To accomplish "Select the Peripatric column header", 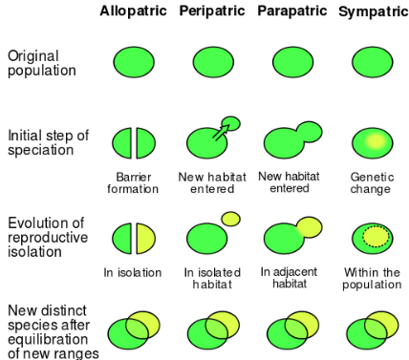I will [211, 11].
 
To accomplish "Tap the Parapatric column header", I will [291, 11].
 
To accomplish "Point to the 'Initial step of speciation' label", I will [48, 143].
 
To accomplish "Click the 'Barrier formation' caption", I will [134, 183].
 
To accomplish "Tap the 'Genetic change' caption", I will [371, 183].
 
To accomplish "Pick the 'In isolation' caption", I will [133, 273].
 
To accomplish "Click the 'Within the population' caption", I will [371, 279].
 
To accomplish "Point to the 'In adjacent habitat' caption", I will [291, 278].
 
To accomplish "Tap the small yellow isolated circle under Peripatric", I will [230, 219].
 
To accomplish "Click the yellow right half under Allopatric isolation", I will [145, 236].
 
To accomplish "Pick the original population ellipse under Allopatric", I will [134, 63].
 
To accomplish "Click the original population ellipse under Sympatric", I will [371, 63].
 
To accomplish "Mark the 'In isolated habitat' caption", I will [211, 279].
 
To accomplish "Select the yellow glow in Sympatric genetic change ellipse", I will [375, 141].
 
